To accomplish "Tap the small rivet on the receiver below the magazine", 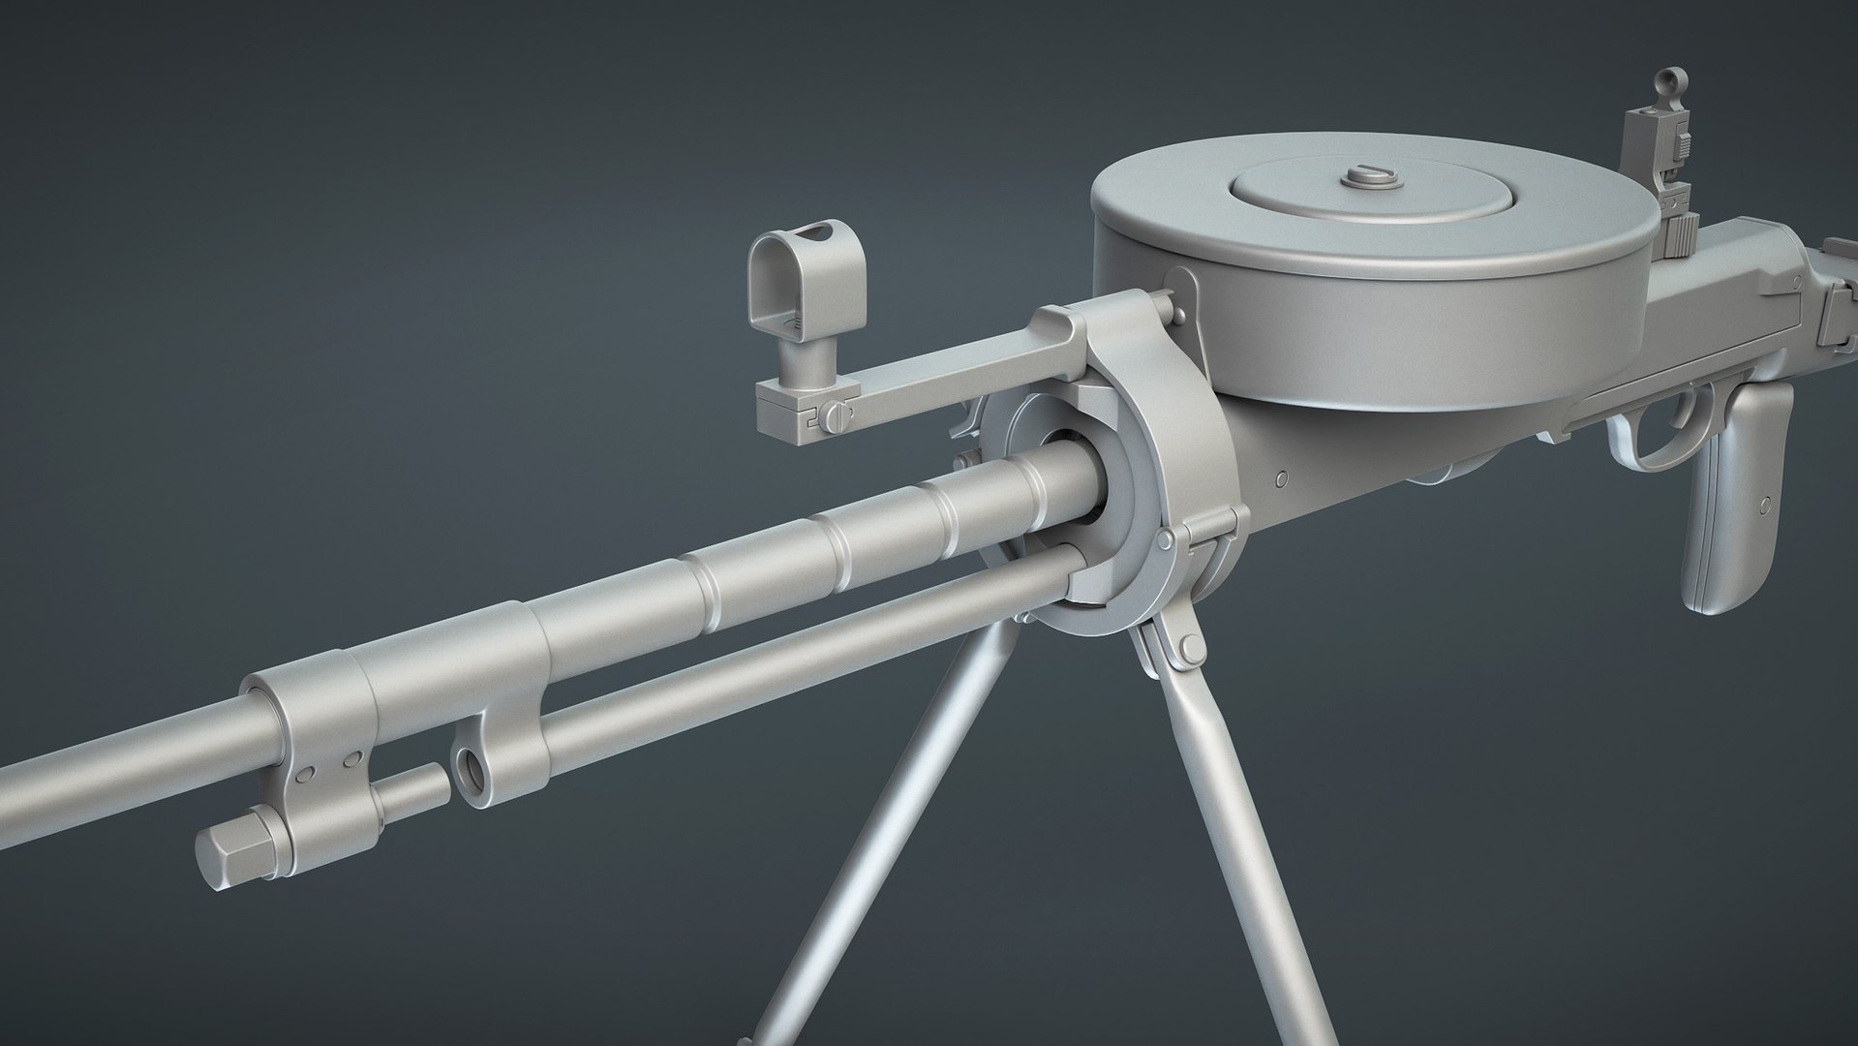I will tap(1282, 478).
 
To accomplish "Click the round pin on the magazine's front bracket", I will tap(1178, 311).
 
